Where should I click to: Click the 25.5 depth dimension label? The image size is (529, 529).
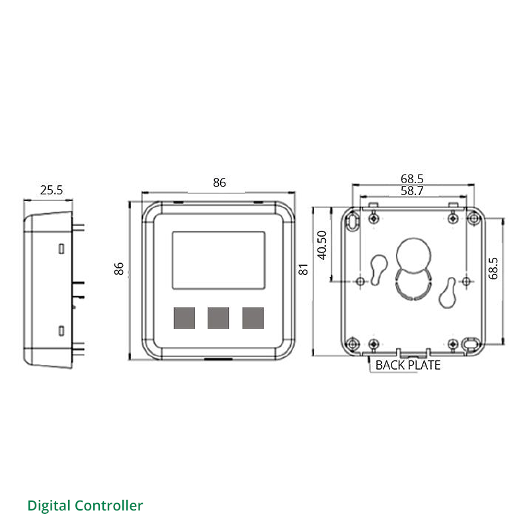(x=51, y=190)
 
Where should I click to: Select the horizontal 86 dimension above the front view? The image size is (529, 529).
(x=219, y=183)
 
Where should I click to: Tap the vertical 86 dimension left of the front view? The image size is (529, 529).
(x=120, y=268)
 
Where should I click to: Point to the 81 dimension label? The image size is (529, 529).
(x=304, y=269)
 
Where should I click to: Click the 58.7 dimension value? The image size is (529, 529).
(x=411, y=191)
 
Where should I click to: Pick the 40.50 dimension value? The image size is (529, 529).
(x=322, y=245)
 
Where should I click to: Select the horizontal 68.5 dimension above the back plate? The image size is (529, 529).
(x=411, y=179)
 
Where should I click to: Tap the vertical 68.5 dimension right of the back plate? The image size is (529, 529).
(x=493, y=268)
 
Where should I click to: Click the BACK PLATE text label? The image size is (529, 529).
(x=407, y=364)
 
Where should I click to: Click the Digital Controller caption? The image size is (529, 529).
(x=85, y=506)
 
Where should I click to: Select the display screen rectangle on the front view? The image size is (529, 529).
(x=219, y=260)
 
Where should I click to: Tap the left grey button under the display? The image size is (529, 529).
(x=184, y=318)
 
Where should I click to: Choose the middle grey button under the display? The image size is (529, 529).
(x=218, y=318)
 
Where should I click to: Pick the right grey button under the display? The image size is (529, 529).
(x=253, y=318)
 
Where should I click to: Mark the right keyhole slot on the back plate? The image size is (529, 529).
(x=450, y=292)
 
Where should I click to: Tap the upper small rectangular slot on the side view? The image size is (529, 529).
(x=61, y=249)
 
